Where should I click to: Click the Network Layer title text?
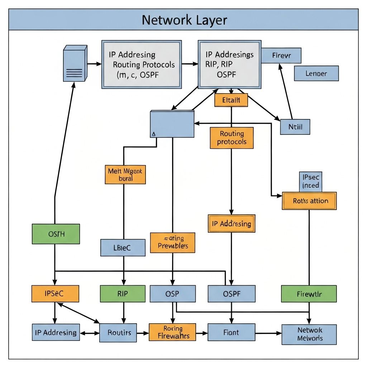[x=184, y=20]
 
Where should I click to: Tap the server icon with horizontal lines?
[x=75, y=63]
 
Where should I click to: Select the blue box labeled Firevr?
[x=281, y=56]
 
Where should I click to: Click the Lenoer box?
[x=316, y=73]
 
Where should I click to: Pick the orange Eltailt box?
[x=231, y=100]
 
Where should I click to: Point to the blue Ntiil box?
[x=295, y=127]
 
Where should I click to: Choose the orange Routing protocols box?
[x=232, y=138]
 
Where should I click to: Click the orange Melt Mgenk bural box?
[x=125, y=175]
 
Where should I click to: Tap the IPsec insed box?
[x=310, y=181]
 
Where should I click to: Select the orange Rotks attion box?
[x=310, y=201]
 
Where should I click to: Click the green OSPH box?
[x=56, y=234]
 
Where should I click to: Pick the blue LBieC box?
[x=123, y=248]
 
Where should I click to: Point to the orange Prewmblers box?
[x=173, y=243]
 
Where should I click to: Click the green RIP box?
[x=123, y=294]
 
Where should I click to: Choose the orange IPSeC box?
[x=55, y=294]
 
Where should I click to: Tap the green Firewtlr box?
[x=309, y=294]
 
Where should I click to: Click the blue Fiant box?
[x=231, y=332]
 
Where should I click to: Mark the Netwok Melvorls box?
[x=309, y=334]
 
